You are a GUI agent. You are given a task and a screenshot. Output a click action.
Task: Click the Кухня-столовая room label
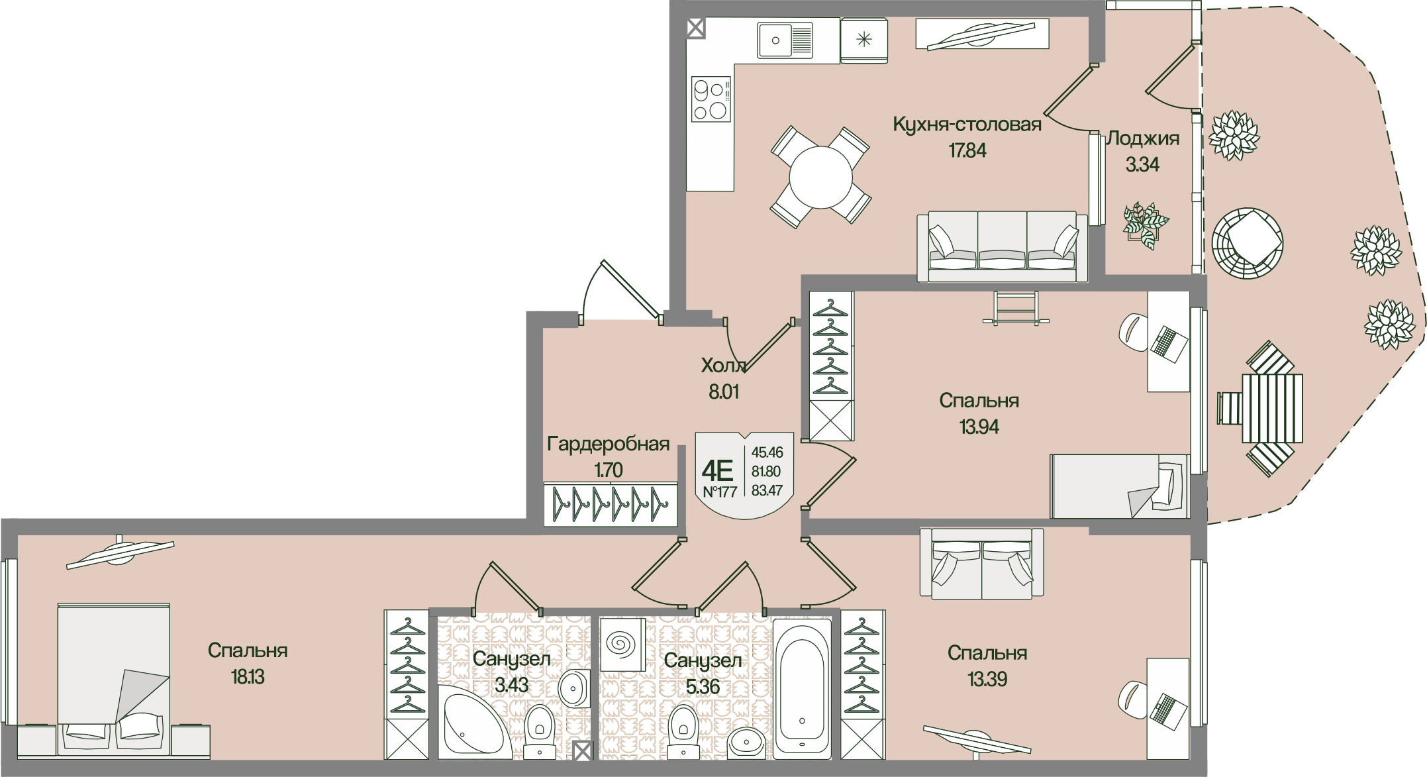(x=967, y=125)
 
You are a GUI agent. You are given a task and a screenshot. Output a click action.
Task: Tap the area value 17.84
(x=967, y=151)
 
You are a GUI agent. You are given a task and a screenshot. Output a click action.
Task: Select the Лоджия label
(x=1143, y=138)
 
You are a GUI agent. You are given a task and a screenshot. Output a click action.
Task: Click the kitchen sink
(x=785, y=40)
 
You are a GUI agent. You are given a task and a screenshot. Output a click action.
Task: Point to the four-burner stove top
(x=711, y=99)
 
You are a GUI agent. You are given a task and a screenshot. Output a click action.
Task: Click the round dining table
(x=821, y=177)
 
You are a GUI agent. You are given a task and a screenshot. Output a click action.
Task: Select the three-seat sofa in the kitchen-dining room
(x=1002, y=247)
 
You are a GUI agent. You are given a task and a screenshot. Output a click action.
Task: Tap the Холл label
(x=724, y=366)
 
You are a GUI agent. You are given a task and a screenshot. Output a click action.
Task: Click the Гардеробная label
(x=608, y=444)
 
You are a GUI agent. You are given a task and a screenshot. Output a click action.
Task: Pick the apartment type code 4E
(x=717, y=471)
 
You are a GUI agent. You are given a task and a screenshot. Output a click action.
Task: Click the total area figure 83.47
(x=767, y=491)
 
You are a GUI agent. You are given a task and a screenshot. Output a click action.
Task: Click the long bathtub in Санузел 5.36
(x=802, y=685)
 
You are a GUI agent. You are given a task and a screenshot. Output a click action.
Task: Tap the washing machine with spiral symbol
(x=622, y=644)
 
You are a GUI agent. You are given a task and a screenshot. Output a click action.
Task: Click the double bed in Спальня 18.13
(x=114, y=680)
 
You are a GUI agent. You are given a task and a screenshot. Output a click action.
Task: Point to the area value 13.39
(x=987, y=680)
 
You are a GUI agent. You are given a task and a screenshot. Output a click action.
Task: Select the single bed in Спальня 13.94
(x=1119, y=486)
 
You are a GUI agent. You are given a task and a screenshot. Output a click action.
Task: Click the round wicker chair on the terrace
(x=1248, y=244)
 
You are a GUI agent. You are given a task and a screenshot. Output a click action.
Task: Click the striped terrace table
(x=1272, y=409)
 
